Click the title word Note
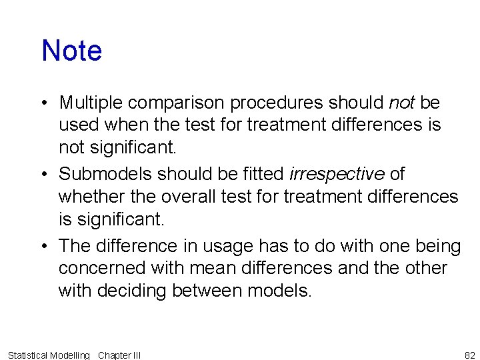(x=71, y=51)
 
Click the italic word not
(x=401, y=103)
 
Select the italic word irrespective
(x=337, y=174)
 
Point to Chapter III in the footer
(x=119, y=355)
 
